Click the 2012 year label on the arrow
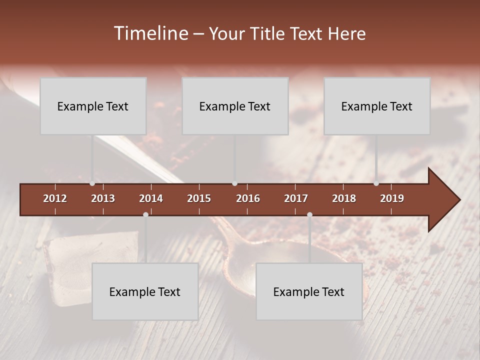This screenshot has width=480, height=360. (x=55, y=198)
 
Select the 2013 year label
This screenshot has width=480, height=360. (x=103, y=198)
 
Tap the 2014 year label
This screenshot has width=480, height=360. (x=151, y=198)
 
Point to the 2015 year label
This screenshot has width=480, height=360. (x=199, y=198)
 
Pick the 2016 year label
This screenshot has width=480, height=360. (x=248, y=198)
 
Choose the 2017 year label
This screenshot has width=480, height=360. (x=296, y=198)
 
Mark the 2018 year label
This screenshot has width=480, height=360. (x=344, y=198)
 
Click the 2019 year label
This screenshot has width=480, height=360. (x=392, y=198)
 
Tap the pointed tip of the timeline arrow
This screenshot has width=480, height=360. (x=458, y=200)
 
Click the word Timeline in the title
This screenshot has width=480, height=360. (x=150, y=33)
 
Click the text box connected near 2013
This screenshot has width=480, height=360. (x=93, y=106)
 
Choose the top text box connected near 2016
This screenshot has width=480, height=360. (x=235, y=106)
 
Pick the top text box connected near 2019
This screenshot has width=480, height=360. (x=377, y=106)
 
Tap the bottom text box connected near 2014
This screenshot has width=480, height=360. (x=145, y=291)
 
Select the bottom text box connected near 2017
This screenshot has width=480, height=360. (x=309, y=291)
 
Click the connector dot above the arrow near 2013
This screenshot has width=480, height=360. (x=92, y=183)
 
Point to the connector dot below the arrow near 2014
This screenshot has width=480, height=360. (x=145, y=214)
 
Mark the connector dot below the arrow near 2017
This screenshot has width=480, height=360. (x=309, y=214)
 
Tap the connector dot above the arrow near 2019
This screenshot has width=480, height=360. (x=376, y=183)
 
